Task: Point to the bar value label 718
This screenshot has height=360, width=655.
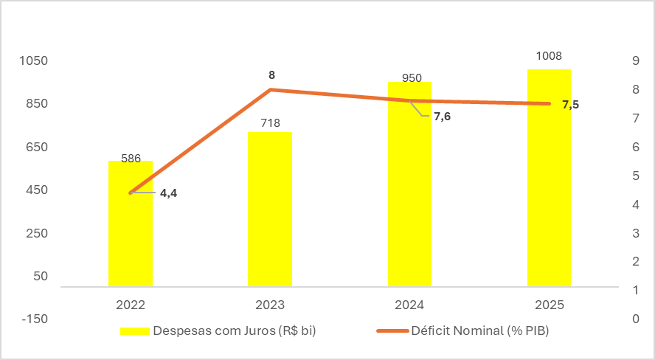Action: pyautogui.click(x=270, y=123)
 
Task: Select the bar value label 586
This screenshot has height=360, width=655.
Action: pyautogui.click(x=131, y=158)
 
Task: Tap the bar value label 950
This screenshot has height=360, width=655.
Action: pyautogui.click(x=412, y=77)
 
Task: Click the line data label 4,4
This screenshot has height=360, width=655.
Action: pyautogui.click(x=168, y=193)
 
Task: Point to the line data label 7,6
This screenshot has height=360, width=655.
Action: pyautogui.click(x=442, y=117)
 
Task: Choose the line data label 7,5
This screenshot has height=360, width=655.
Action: pyautogui.click(x=570, y=105)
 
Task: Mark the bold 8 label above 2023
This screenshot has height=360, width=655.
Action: pyautogui.click(x=271, y=75)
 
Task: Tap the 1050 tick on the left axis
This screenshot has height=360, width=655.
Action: pyautogui.click(x=34, y=60)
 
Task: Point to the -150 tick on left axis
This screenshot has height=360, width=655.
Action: pyautogui.click(x=34, y=319)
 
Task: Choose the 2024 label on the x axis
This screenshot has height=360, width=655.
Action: pyautogui.click(x=409, y=303)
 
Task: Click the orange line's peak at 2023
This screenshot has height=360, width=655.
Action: pyautogui.click(x=270, y=89)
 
